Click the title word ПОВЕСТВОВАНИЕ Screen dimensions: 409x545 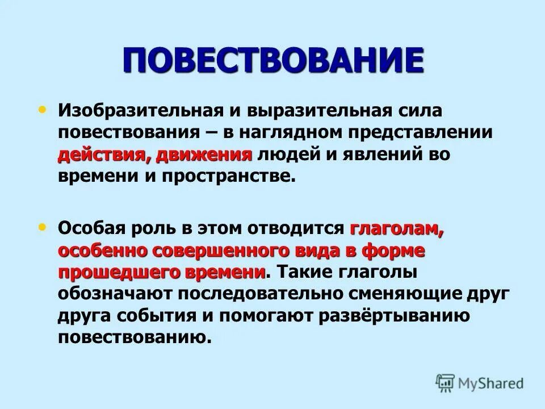[x=272, y=60]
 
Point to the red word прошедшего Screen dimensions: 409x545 [x=118, y=272]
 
